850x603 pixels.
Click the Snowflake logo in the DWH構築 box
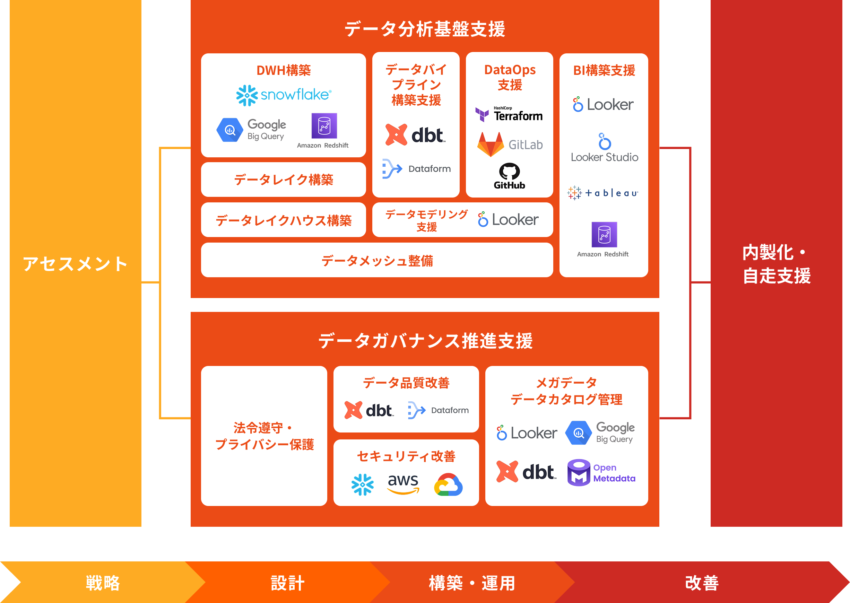[x=284, y=95]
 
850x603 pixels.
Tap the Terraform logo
[x=509, y=114]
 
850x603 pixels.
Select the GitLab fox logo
[x=490, y=145]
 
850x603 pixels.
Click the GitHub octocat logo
[x=509, y=172]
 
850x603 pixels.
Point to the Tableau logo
[x=603, y=193]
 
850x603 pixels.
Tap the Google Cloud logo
[x=448, y=484]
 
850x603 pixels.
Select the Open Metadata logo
[x=601, y=473]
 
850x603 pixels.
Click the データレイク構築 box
[x=283, y=180]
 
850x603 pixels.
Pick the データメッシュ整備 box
[x=377, y=260]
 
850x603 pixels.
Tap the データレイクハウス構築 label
[x=283, y=220]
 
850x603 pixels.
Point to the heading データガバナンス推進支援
[x=426, y=340]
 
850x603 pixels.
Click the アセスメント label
[x=75, y=264]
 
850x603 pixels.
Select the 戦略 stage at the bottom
[x=103, y=583]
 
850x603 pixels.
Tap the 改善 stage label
[x=702, y=583]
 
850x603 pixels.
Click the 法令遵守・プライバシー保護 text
[x=264, y=436]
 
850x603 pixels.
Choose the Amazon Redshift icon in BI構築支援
[x=604, y=235]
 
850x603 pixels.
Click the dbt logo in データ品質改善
[x=369, y=410]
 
